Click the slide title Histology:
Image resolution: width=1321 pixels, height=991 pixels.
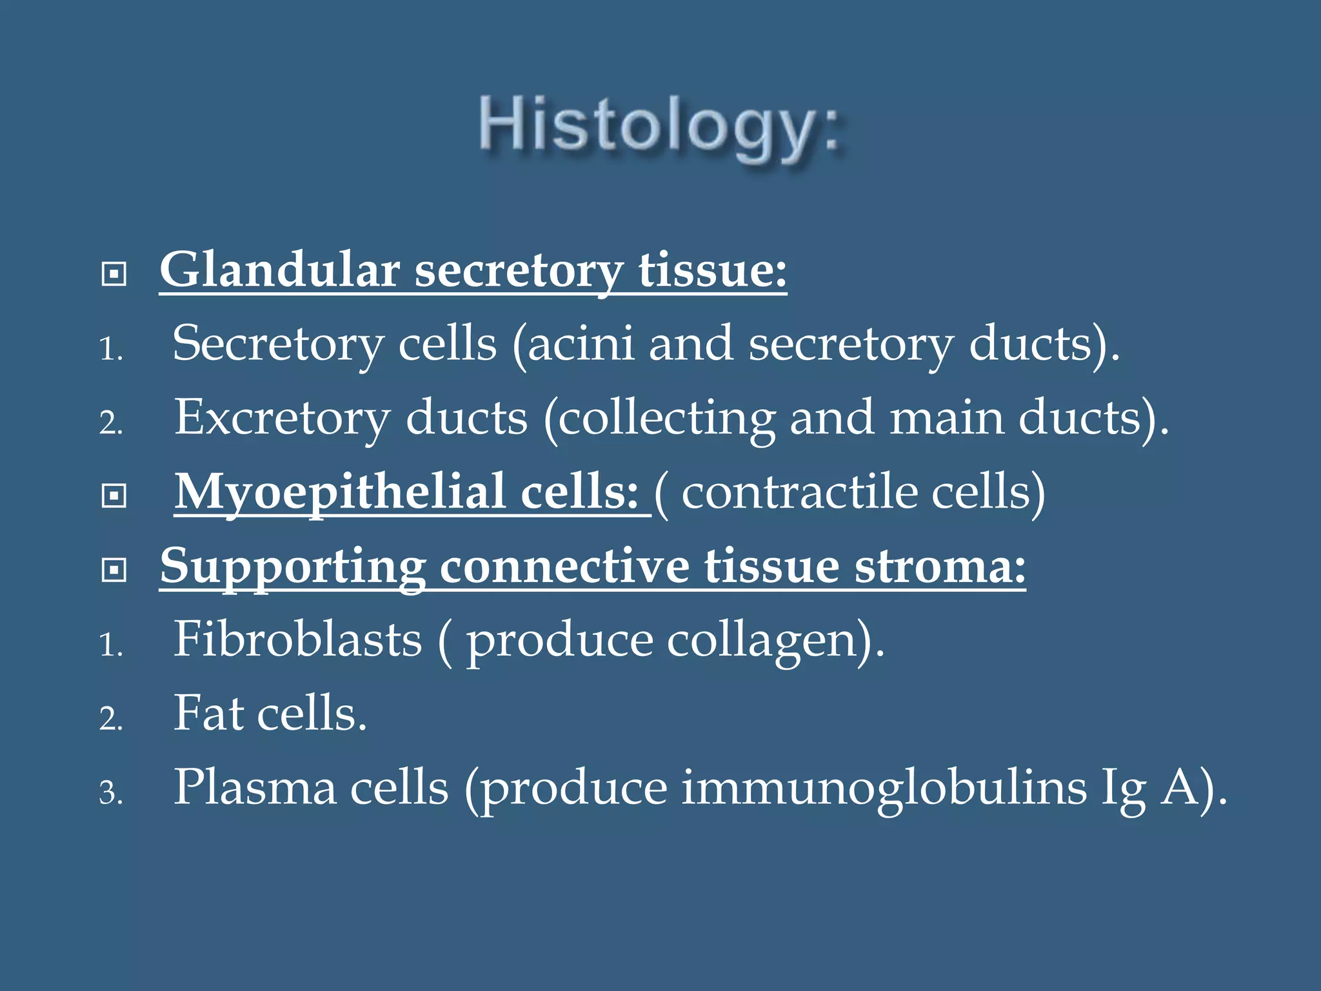pyautogui.click(x=660, y=126)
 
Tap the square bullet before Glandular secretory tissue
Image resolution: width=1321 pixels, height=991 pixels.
pyautogui.click(x=114, y=274)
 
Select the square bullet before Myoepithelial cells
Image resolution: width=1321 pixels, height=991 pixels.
pyautogui.click(x=114, y=496)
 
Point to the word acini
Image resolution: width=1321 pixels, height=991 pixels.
pyautogui.click(x=581, y=344)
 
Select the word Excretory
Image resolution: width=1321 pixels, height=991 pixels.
pyautogui.click(x=282, y=418)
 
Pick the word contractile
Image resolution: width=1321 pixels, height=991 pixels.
pyautogui.click(x=799, y=492)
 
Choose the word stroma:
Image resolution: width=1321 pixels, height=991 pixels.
pyautogui.click(x=940, y=566)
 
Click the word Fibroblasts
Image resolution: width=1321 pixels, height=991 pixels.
pyautogui.click(x=297, y=640)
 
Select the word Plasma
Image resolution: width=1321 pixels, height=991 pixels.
pyautogui.click(x=255, y=788)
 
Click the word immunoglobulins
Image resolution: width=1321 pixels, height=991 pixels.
pyautogui.click(x=884, y=788)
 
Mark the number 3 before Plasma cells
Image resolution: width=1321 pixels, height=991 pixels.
pyautogui.click(x=110, y=793)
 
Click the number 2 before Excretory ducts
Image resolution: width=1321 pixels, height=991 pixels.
pyautogui.click(x=110, y=424)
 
